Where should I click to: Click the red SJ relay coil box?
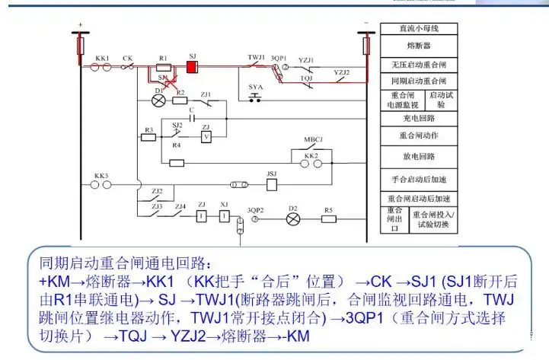pos(192,67)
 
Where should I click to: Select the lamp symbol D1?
pos(159,100)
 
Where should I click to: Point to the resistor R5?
pos(329,218)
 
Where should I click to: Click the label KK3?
pos(101,176)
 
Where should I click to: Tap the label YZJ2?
pos(342,72)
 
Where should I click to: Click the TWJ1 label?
pos(256,58)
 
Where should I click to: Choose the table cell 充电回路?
pos(418,119)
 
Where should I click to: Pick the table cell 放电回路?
pos(418,156)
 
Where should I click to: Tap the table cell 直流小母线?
pos(418,29)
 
